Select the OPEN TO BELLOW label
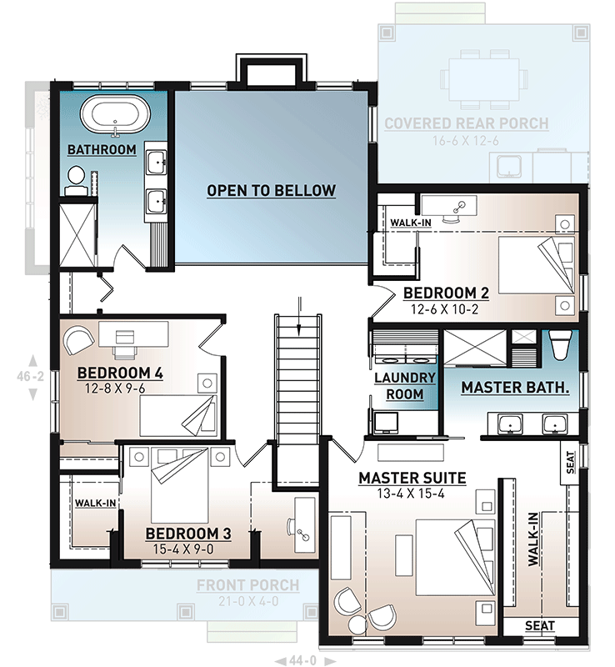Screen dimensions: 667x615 click(271, 191)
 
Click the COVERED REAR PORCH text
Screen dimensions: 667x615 click(466, 124)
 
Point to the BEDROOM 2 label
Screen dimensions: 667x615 click(445, 293)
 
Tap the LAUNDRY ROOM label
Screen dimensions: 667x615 click(405, 386)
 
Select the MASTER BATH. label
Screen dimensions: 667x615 click(515, 388)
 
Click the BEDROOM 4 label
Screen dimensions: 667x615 click(120, 372)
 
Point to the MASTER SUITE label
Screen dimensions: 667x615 click(412, 478)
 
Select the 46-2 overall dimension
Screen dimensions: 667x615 click(32, 377)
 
